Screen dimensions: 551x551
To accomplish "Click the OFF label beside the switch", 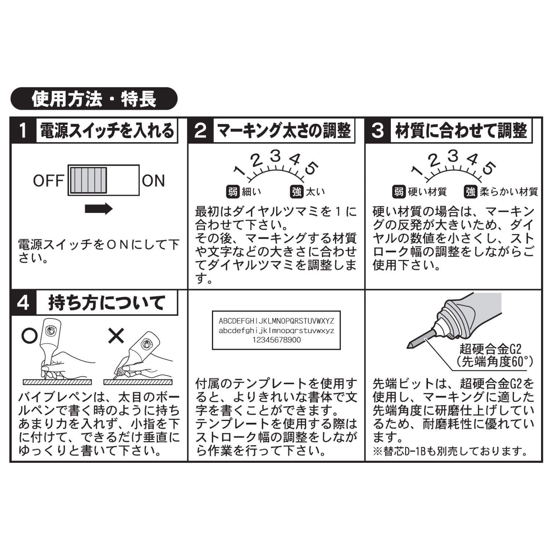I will (x=48, y=181).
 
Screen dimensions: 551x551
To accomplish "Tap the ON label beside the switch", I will (x=153, y=181).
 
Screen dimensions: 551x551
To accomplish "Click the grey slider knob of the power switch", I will (x=89, y=180).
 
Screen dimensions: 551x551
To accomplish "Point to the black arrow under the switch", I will (x=98, y=209).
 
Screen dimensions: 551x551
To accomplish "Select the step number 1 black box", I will (x=23, y=130).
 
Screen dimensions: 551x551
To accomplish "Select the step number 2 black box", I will (x=201, y=130).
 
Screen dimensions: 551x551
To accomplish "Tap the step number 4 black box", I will (x=23, y=303).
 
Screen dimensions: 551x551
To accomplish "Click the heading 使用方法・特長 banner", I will (x=94, y=98).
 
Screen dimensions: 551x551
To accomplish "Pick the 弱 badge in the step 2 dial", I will (x=233, y=191).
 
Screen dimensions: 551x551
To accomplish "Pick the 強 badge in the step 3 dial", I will (x=471, y=191).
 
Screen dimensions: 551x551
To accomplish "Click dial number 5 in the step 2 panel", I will (x=311, y=168).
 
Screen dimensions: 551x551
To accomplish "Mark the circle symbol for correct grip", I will (x=29, y=336).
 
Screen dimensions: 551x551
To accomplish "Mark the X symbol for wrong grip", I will (x=116, y=335).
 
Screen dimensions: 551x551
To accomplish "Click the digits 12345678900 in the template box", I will (x=276, y=340).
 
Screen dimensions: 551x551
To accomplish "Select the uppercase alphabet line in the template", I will (x=276, y=321).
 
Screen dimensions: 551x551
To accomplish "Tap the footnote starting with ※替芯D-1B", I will (x=450, y=451).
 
